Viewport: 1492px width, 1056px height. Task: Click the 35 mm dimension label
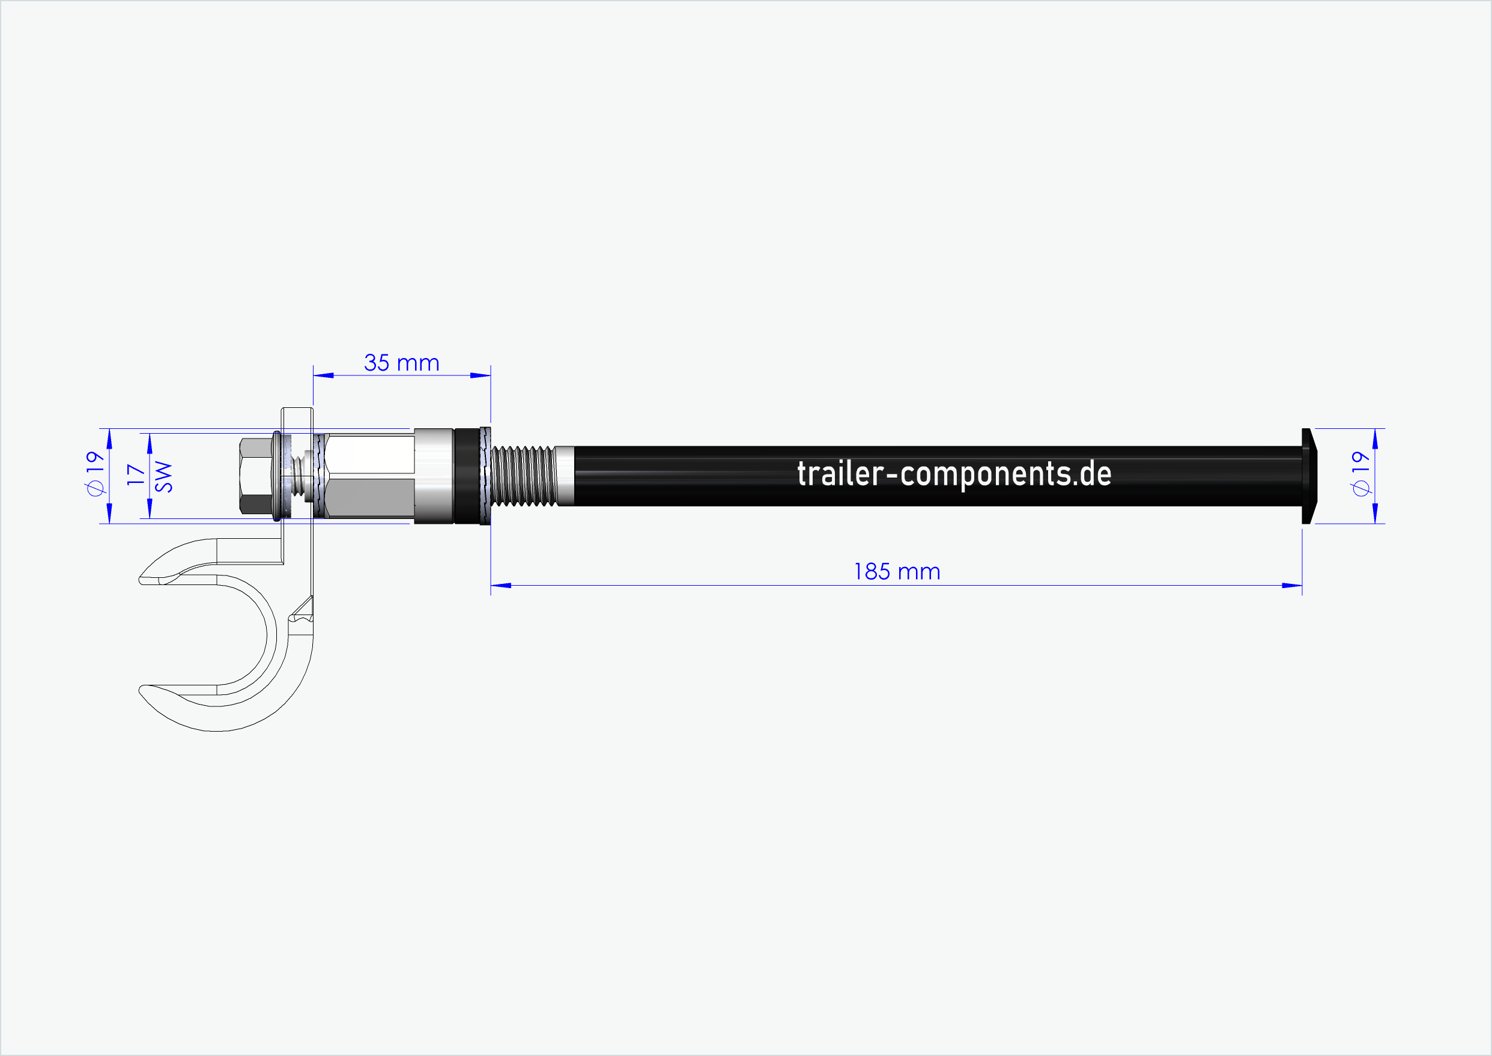[401, 363]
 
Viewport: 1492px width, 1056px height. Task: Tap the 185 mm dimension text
[897, 572]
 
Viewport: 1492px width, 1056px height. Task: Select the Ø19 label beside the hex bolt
[95, 473]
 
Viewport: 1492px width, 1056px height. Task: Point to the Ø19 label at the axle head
[1360, 473]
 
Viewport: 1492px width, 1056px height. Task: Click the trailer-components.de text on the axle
[954, 474]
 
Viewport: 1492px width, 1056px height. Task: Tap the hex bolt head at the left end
[255, 476]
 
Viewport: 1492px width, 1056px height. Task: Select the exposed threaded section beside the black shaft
[523, 476]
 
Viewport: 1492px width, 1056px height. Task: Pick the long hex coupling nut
[369, 476]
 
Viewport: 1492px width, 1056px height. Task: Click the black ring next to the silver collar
[466, 476]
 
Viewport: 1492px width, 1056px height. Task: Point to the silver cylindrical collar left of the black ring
[433, 476]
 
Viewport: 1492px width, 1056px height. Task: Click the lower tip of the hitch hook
[144, 688]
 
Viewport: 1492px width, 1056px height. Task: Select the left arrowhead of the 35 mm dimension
[323, 375]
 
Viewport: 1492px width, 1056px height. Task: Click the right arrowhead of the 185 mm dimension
[1292, 586]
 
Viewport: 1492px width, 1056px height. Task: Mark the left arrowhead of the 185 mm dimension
[500, 586]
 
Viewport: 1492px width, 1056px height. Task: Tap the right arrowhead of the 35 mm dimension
[481, 375]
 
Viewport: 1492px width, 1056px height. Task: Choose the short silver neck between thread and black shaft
[565, 476]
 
